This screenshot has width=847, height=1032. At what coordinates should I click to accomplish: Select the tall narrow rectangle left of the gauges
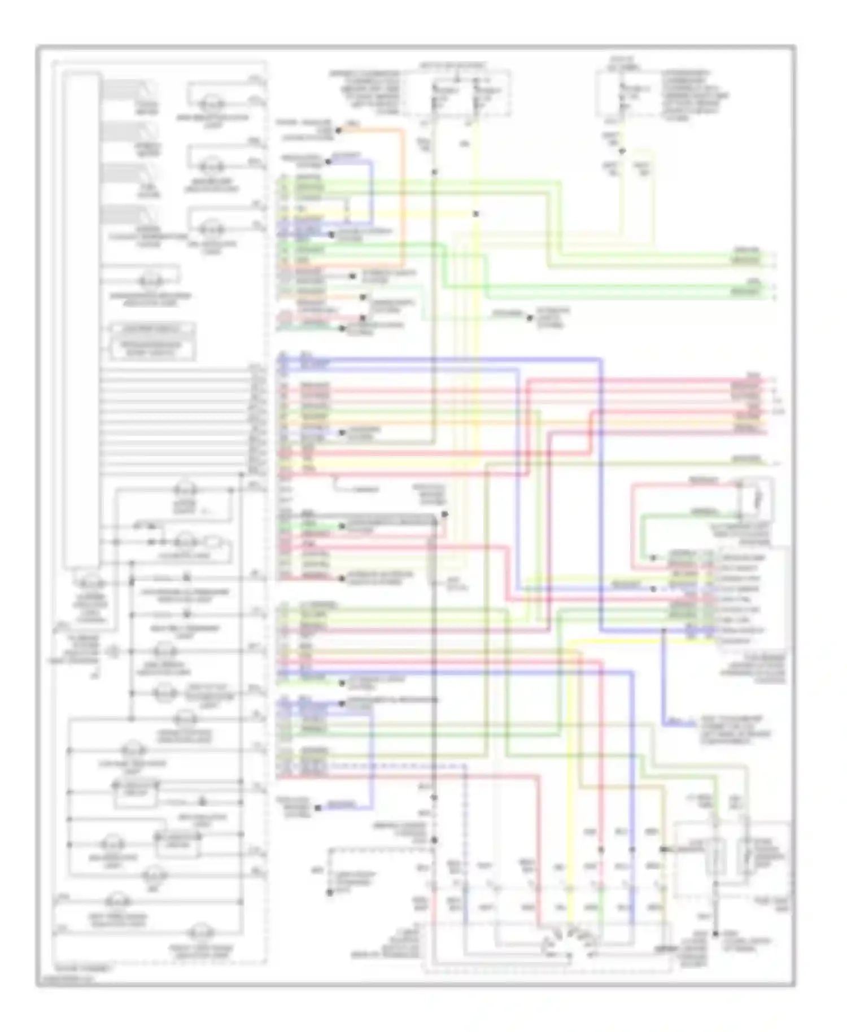coord(82,319)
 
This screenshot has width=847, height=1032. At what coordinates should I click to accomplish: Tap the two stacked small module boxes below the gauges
coord(152,342)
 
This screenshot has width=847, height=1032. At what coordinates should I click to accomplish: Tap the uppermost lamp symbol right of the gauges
coord(213,104)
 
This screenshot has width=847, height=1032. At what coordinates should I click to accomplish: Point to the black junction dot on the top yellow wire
coord(476,214)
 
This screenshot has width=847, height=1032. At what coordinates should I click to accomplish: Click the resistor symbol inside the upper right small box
coord(758,499)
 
